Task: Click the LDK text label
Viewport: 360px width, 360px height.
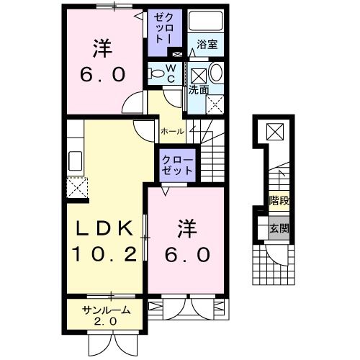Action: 105,230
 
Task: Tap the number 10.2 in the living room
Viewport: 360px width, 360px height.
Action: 105,253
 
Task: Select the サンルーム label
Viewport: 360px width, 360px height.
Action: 106,310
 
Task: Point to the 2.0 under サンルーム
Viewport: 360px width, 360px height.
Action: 106,321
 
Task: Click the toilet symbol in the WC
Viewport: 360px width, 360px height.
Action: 156,72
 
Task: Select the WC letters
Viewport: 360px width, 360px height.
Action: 171,73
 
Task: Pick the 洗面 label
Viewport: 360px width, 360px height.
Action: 199,91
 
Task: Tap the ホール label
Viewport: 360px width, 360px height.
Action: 172,132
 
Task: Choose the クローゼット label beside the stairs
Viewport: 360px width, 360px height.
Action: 177,165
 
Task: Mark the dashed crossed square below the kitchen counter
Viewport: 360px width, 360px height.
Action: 76,188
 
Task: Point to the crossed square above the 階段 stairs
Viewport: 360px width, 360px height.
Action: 276,132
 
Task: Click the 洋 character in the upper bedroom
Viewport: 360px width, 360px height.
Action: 100,50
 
